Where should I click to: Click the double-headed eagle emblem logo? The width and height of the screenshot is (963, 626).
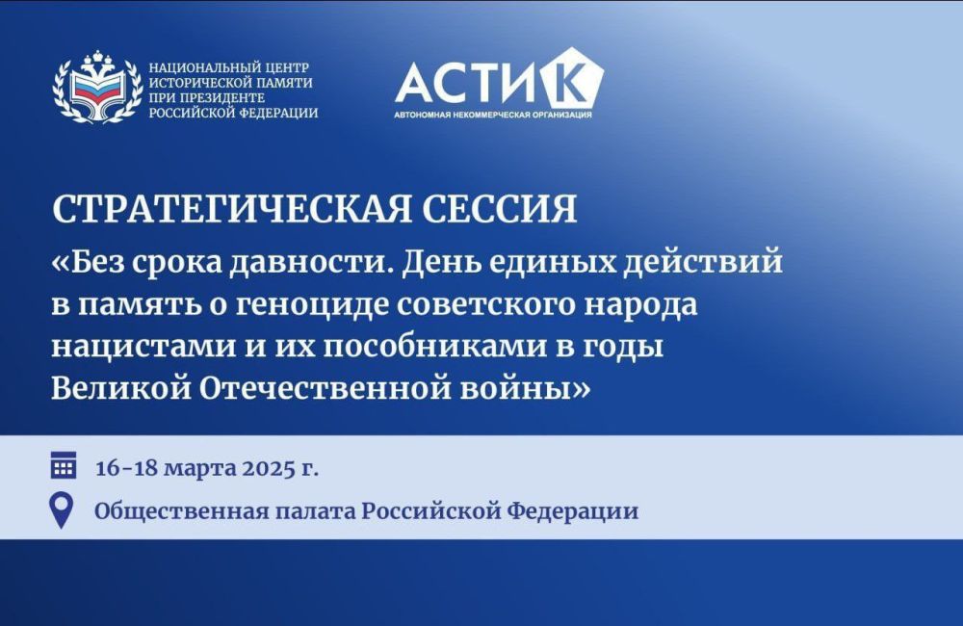[97, 88]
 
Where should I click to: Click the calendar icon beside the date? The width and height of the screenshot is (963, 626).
[64, 465]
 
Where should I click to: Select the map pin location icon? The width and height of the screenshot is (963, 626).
[62, 509]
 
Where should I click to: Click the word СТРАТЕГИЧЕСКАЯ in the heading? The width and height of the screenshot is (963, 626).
[231, 209]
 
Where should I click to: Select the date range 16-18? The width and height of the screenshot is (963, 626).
[128, 468]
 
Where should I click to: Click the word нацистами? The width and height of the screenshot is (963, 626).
[143, 347]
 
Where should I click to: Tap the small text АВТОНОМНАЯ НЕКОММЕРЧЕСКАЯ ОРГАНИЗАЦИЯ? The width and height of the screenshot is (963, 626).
[493, 115]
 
